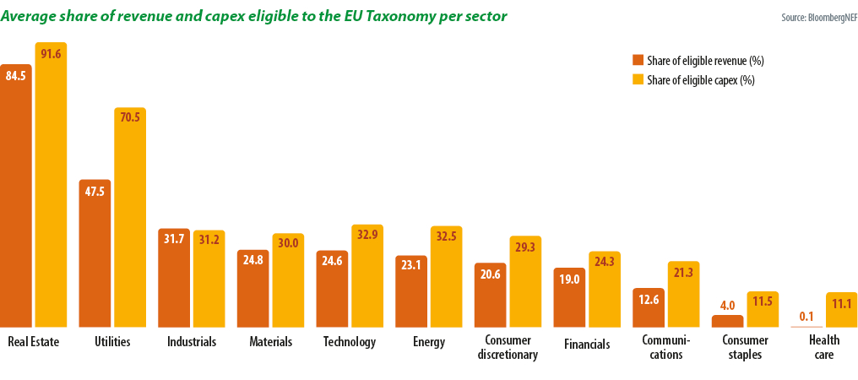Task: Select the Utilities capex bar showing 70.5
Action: [130, 220]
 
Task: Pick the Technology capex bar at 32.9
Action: [367, 279]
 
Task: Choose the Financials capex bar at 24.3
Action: [605, 291]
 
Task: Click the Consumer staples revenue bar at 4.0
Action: [727, 321]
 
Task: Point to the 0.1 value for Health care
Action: [806, 317]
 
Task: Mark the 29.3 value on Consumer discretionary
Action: [525, 247]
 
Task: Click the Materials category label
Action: [271, 342]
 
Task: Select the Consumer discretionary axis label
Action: [507, 348]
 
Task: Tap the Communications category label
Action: [666, 348]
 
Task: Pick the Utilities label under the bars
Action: [112, 342]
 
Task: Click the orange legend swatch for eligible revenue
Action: [638, 61]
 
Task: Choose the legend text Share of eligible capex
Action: [700, 81]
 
